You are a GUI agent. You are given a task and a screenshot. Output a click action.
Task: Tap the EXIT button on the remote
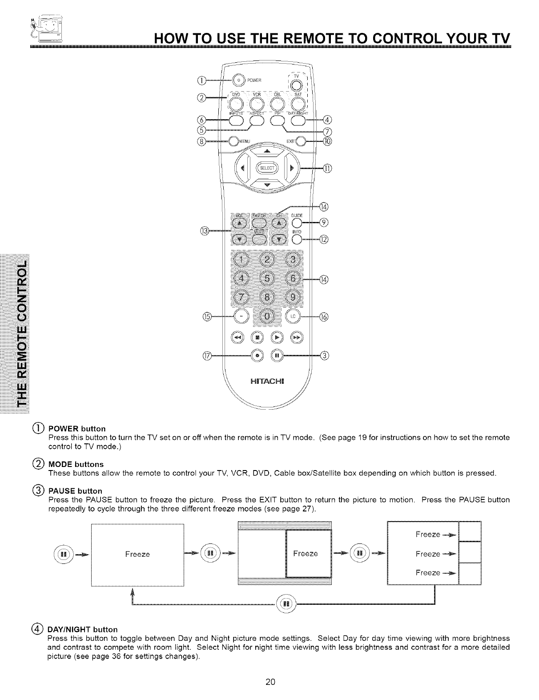301,141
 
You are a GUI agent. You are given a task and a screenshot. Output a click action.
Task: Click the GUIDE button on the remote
297,223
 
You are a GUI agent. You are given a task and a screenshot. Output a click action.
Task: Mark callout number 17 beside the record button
206,355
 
